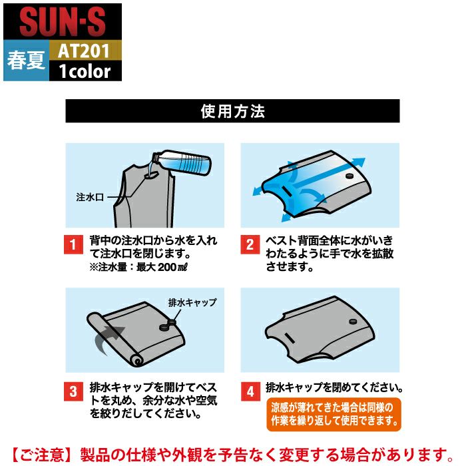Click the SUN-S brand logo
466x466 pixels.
coord(63,22)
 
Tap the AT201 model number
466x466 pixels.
coord(83,51)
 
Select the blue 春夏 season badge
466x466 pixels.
coord(26,61)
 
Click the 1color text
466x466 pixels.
coord(85,71)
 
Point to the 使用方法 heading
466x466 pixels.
coord(232,111)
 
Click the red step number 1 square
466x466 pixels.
coord(73,244)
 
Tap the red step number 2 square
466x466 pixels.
coord(250,244)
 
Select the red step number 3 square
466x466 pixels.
coord(73,391)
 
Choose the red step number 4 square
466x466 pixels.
coord(250,391)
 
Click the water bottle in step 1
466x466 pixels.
coord(181,162)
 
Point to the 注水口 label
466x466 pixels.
coord(90,197)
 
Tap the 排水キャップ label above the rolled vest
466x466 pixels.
coord(192,302)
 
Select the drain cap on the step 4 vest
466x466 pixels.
coord(353,322)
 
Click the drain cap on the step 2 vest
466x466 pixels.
coord(349,176)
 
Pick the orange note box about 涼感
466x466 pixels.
coord(334,414)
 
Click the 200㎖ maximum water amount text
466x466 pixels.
coord(172,267)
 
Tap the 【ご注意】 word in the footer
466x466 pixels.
coord(41,455)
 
